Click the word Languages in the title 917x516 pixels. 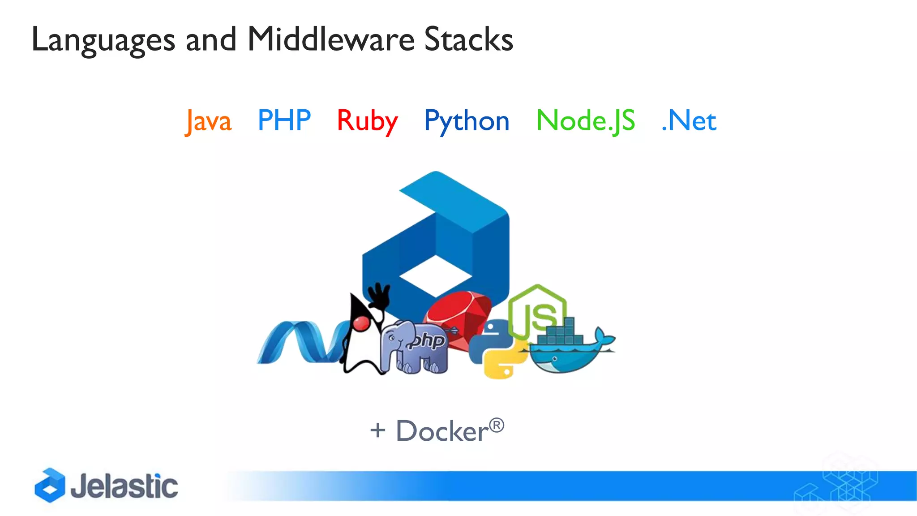[x=103, y=40]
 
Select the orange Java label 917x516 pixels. [x=209, y=121]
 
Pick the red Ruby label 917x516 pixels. [x=367, y=121]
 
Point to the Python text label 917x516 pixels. [x=467, y=121]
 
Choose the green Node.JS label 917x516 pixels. [x=586, y=121]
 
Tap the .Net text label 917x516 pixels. [x=689, y=121]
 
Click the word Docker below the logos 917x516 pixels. [x=442, y=431]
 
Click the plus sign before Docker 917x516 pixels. [x=377, y=430]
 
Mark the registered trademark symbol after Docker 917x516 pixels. [x=496, y=425]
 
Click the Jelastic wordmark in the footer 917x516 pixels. [x=124, y=486]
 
